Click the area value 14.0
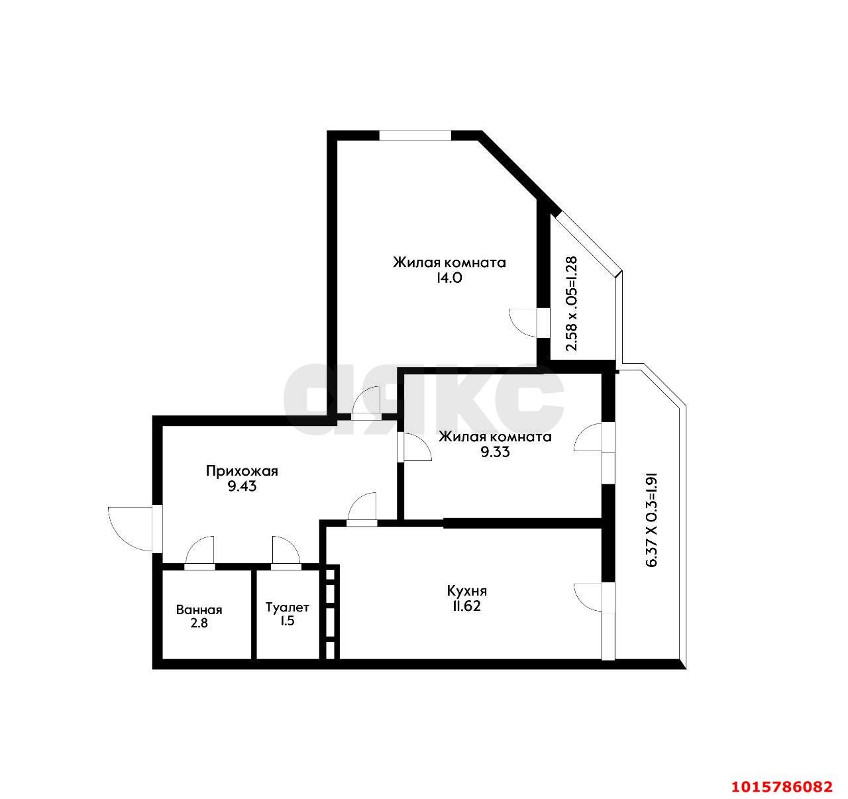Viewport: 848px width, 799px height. tap(449, 278)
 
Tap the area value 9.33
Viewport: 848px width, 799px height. tap(495, 453)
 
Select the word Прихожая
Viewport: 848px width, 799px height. tap(241, 471)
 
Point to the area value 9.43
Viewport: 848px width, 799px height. tap(241, 486)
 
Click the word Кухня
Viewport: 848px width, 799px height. tap(467, 590)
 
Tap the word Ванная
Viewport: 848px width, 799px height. tap(199, 610)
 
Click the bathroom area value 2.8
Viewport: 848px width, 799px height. tap(199, 623)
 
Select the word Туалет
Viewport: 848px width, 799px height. tap(287, 607)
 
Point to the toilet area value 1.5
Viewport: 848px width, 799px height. tap(287, 621)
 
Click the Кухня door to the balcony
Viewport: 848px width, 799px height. tap(589, 597)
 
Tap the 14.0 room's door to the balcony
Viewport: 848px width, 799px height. tap(525, 323)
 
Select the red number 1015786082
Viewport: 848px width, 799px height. tap(782, 786)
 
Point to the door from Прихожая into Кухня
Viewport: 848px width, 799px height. tap(362, 508)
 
